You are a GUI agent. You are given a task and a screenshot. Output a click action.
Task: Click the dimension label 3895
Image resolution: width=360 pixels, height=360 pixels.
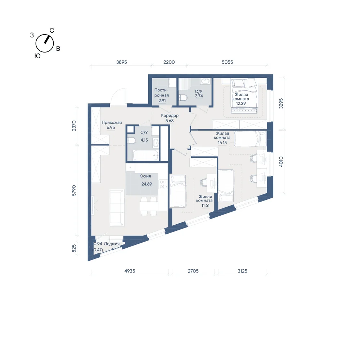click(x=121, y=62)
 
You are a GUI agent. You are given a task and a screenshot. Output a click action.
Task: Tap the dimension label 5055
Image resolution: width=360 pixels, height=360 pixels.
click(x=227, y=62)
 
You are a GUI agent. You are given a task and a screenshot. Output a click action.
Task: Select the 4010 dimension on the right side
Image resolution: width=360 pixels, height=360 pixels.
click(x=281, y=161)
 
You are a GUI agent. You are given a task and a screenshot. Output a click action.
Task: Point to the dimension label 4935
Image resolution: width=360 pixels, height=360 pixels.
click(x=130, y=271)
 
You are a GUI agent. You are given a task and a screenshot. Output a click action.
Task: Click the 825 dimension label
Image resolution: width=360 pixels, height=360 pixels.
click(x=74, y=248)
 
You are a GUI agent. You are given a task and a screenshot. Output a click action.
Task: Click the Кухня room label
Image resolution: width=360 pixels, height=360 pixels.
click(x=145, y=176)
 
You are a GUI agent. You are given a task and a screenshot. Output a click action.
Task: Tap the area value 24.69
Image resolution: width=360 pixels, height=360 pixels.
click(x=147, y=184)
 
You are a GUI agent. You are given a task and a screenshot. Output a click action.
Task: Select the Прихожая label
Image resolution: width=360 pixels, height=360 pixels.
click(x=112, y=122)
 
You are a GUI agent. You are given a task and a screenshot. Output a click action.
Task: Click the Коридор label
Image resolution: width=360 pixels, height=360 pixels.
click(x=170, y=116)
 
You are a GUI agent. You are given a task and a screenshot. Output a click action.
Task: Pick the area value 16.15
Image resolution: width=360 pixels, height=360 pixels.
click(x=222, y=143)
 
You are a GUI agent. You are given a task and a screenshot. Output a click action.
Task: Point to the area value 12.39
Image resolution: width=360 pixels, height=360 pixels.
click(x=241, y=103)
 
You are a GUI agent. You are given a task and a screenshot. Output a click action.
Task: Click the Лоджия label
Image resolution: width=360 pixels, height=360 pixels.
click(x=112, y=244)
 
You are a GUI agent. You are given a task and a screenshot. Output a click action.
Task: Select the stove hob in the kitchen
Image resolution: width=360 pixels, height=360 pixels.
click(x=163, y=184)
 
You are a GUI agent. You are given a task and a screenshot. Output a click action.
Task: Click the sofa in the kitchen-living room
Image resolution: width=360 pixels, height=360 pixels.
click(x=117, y=208)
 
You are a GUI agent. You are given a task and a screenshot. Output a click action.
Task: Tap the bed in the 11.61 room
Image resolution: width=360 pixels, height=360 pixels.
click(x=177, y=191)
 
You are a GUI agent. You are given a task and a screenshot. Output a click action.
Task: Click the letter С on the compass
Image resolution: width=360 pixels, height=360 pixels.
click(x=52, y=31)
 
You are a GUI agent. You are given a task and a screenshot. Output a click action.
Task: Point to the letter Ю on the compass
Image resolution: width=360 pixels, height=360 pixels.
click(x=37, y=56)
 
